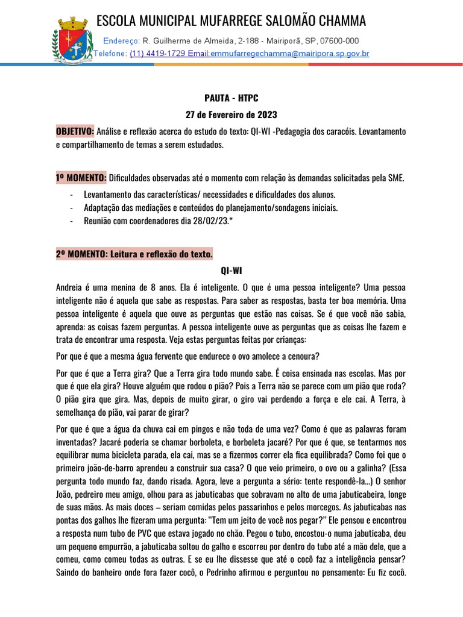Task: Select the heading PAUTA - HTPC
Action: (x=231, y=97)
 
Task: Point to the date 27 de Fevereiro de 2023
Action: (x=231, y=114)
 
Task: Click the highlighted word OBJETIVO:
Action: (x=75, y=131)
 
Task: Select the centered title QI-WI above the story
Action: (x=231, y=271)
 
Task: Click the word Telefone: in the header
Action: (x=110, y=54)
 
